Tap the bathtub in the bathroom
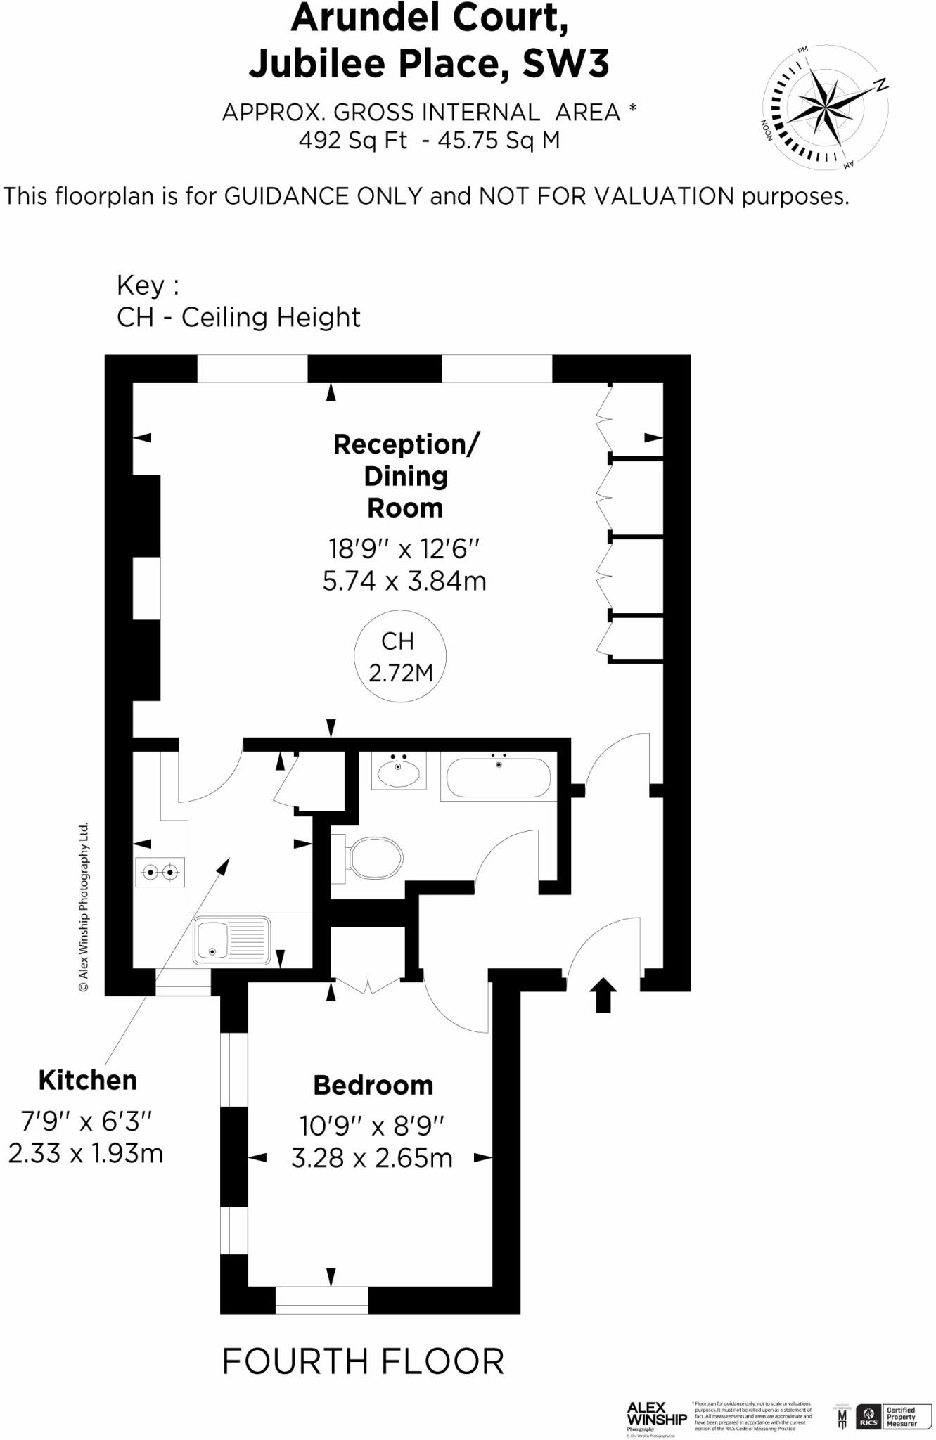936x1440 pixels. click(x=498, y=777)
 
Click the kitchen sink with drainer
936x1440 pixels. click(x=231, y=941)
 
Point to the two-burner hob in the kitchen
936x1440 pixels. click(x=160, y=873)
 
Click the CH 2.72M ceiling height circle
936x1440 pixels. click(x=399, y=657)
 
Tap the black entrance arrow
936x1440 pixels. click(x=603, y=995)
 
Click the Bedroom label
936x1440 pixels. click(x=373, y=1086)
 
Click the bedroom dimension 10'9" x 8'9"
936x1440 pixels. click(x=372, y=1126)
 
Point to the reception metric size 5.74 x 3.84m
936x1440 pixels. click(x=404, y=581)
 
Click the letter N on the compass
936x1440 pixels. click(x=880, y=86)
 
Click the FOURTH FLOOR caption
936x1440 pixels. click(x=363, y=1361)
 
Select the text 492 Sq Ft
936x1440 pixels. click(x=353, y=141)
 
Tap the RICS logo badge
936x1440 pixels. click(x=868, y=1415)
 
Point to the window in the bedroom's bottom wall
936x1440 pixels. click(x=321, y=1300)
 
